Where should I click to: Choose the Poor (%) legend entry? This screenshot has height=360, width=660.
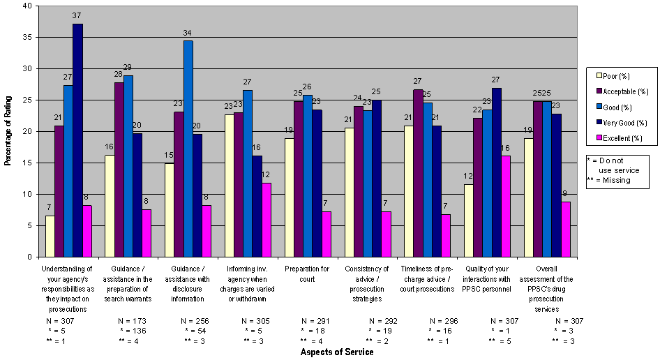(615, 76)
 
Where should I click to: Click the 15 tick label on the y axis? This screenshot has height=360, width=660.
(27, 163)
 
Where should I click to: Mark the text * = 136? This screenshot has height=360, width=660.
(133, 331)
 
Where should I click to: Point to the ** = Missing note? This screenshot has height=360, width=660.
(609, 180)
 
